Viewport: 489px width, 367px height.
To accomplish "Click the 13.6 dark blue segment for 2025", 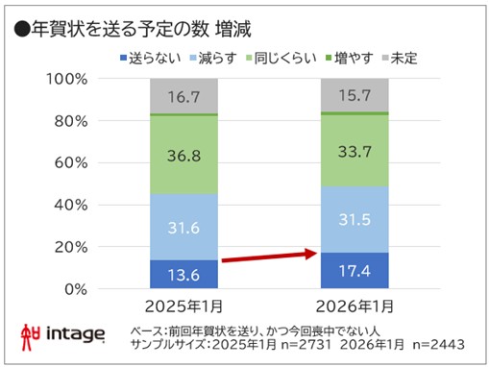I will coord(183,274).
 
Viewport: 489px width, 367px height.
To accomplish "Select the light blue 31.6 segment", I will coord(183,227).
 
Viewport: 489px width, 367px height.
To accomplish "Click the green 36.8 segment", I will coord(183,155).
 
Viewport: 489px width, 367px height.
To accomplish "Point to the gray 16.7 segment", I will coord(183,96).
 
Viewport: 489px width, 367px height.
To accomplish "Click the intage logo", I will coord(62,335).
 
